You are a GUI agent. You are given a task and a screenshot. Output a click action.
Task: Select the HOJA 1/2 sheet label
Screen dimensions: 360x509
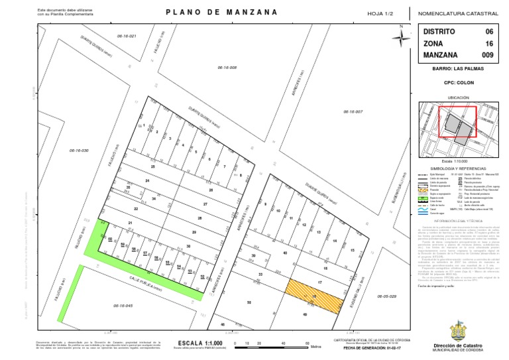click(380, 13)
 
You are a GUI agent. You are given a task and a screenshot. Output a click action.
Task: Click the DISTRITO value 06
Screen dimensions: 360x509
click(489, 31)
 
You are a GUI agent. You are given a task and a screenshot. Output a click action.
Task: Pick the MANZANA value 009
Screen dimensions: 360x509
click(487, 55)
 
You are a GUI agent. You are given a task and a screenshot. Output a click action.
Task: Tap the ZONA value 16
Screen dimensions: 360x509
click(489, 43)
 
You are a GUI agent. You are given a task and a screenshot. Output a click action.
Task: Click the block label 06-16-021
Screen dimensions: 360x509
click(126, 36)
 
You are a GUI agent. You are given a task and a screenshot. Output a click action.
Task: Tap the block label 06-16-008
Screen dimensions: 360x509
click(227, 68)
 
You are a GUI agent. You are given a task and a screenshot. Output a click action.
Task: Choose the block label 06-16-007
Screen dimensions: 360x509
click(353, 111)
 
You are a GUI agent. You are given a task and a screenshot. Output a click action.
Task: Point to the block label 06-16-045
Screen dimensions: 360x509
click(123, 305)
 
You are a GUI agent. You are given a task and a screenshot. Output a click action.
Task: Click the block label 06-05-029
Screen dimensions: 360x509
click(385, 296)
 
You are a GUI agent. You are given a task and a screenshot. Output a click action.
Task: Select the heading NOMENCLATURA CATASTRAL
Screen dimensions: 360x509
click(459, 13)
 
